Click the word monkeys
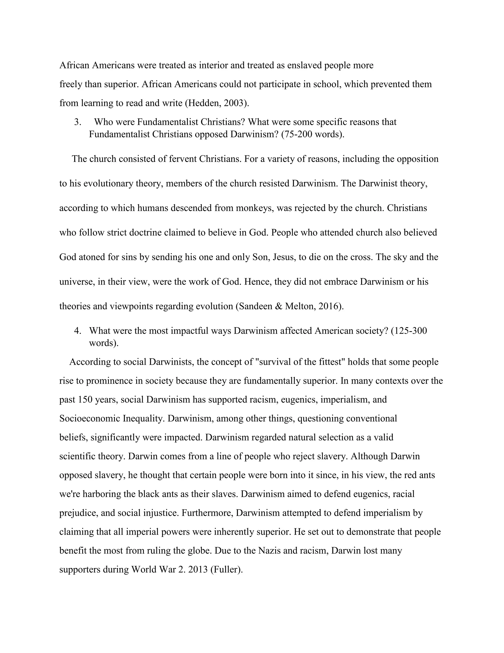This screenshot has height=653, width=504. point(254,208)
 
